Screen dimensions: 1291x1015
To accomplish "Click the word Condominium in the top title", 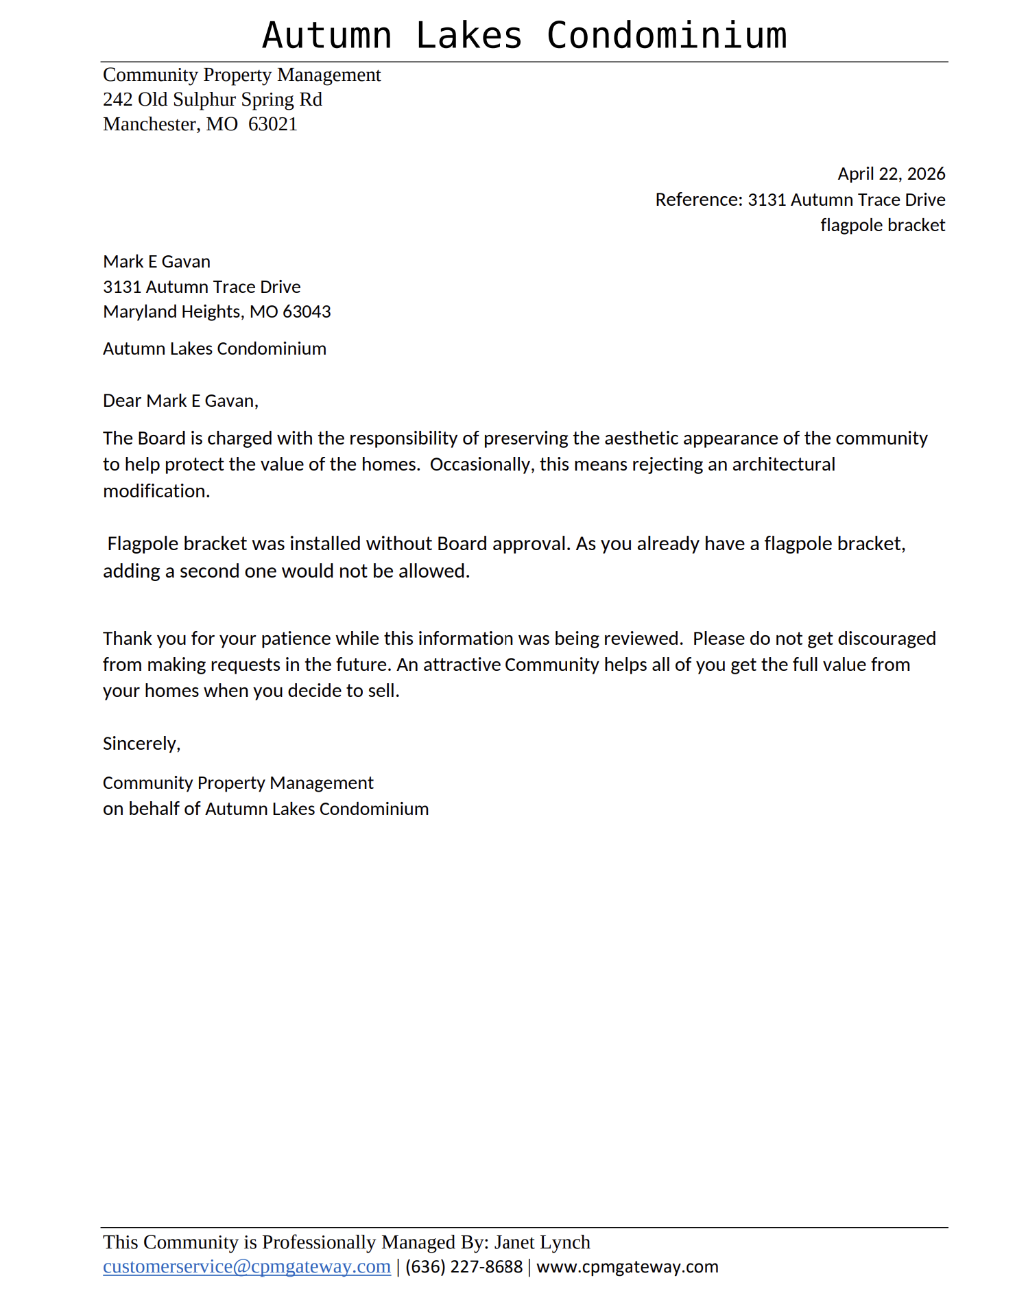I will [666, 36].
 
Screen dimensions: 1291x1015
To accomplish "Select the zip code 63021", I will [272, 124].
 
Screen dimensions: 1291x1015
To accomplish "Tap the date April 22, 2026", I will [891, 174].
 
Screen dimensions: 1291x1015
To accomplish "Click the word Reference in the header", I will [698, 200].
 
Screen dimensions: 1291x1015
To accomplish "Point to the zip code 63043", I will [307, 311].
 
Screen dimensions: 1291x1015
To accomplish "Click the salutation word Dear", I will [122, 401].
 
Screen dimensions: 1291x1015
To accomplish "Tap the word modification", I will [156, 491].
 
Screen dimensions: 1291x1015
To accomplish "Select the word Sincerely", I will [141, 744].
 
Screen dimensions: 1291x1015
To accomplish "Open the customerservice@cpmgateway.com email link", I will [246, 1266].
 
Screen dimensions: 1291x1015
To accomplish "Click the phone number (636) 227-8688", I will [464, 1266].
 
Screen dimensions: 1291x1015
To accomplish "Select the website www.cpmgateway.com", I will [627, 1266].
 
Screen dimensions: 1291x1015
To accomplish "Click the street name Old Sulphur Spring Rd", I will [230, 99].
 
